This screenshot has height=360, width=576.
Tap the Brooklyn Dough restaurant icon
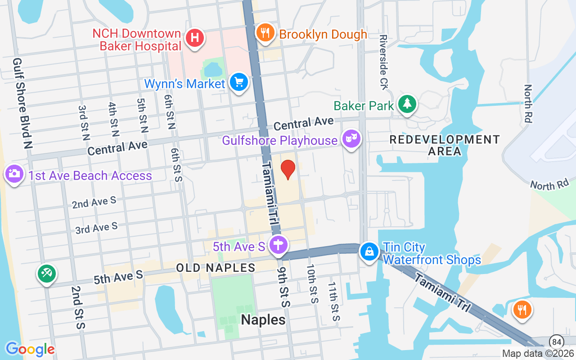(265, 33)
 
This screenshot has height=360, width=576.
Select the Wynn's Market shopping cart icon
(239, 82)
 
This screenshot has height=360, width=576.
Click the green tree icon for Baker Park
(407, 104)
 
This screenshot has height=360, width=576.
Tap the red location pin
(288, 170)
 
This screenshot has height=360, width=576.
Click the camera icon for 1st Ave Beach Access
(14, 173)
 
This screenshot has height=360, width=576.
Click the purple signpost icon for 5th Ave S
(279, 245)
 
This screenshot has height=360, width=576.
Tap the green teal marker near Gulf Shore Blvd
(46, 273)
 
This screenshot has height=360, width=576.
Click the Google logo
(30, 349)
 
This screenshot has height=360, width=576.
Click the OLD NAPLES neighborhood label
(216, 268)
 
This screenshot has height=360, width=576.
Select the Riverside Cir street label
(383, 62)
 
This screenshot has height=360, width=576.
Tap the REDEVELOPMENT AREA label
(444, 145)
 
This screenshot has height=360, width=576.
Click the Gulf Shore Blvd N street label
(23, 103)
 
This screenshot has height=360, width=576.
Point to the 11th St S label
(333, 301)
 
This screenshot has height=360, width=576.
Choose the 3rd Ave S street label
(96, 228)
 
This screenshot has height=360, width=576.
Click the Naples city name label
(263, 320)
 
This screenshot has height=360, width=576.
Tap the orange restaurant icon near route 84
(522, 310)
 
